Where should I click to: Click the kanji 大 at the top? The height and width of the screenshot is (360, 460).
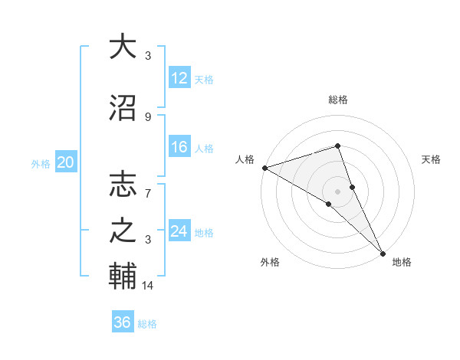(x=123, y=47)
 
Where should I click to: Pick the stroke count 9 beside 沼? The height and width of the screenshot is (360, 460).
(x=148, y=116)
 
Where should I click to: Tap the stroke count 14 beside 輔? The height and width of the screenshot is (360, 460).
(x=149, y=285)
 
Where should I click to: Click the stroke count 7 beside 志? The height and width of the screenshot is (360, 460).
(x=148, y=185)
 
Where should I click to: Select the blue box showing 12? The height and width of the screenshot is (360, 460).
(x=179, y=77)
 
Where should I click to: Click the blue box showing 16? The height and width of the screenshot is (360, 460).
(x=179, y=147)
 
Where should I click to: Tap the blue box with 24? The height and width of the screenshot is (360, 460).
(x=179, y=231)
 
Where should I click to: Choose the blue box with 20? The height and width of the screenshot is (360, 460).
(x=66, y=162)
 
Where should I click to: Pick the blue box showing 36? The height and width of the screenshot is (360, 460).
(x=123, y=322)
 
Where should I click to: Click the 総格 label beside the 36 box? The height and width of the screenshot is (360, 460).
(x=148, y=324)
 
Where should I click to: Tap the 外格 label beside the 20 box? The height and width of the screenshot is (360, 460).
(x=41, y=163)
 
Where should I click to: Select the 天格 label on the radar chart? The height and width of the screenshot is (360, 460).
(x=432, y=159)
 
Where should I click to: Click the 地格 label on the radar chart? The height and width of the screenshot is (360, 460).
(x=402, y=262)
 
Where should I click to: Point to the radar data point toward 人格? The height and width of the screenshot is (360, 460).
(x=264, y=167)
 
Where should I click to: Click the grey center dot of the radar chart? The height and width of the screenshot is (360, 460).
(x=337, y=191)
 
